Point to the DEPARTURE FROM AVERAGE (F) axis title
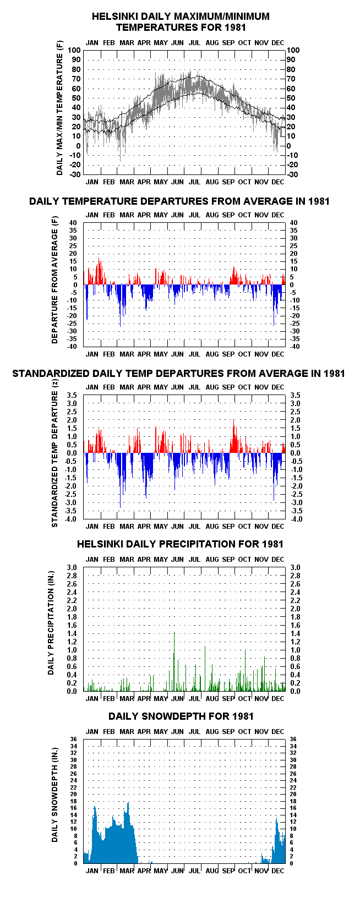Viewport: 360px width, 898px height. [x=55, y=280]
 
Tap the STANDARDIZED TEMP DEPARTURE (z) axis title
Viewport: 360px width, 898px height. [x=55, y=459]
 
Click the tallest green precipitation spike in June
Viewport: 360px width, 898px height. [x=174, y=661]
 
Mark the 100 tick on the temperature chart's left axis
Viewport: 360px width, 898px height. [x=74, y=50]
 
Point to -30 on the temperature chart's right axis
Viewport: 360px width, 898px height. [x=292, y=174]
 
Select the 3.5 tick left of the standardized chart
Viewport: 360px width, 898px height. [x=72, y=395]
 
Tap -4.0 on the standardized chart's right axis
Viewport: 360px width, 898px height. [x=296, y=519]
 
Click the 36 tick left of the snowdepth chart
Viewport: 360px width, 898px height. [x=73, y=739]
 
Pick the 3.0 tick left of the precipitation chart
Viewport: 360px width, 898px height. [x=72, y=567]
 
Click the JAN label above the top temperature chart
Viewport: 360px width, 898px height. [x=92, y=43]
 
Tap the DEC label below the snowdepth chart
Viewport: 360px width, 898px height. [x=278, y=870]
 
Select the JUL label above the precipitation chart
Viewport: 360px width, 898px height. [x=194, y=559]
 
